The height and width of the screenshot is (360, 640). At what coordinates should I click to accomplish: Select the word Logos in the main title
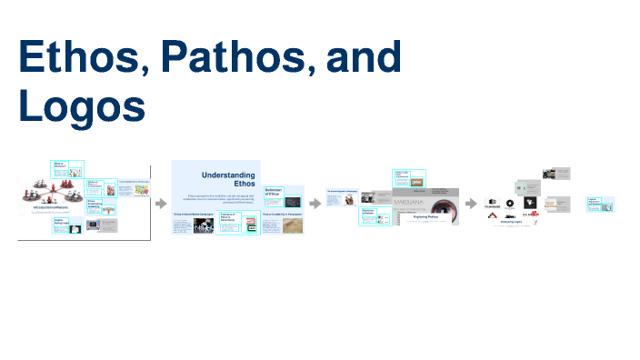pos(82,105)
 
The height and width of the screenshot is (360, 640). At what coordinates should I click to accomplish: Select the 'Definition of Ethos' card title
pos(273,192)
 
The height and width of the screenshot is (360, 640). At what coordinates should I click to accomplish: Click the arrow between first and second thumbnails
pos(161,203)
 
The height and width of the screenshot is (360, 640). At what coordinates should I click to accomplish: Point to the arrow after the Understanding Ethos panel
pos(315,203)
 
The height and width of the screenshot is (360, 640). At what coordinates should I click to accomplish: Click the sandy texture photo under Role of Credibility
pos(292,225)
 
